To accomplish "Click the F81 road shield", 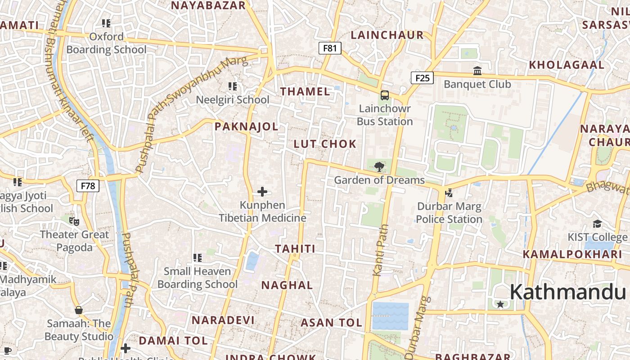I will [330, 48].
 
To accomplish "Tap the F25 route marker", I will [422, 78].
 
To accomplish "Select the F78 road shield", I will [88, 185].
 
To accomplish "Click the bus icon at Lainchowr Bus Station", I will [385, 95].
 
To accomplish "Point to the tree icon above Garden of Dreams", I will [379, 167].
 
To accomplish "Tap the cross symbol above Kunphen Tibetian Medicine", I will [262, 192].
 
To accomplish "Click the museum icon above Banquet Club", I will [477, 71].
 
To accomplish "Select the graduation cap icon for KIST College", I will [597, 224].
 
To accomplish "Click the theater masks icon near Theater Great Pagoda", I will [74, 221].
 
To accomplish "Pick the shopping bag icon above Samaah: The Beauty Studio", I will [79, 310].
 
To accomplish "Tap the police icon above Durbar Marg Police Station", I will [448, 193].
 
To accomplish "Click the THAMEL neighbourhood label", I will [305, 91].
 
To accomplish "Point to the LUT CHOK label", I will [325, 144].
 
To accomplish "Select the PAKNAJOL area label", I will [246, 126].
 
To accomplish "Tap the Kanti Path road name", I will [381, 250].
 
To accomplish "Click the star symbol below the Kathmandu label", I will [500, 305].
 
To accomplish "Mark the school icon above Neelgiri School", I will [232, 86].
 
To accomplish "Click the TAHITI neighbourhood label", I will [295, 248].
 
